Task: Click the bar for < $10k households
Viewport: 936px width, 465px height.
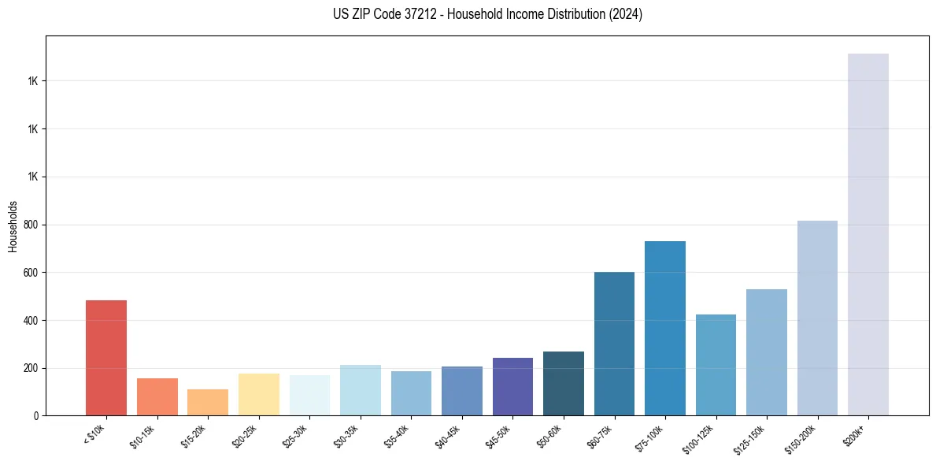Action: pyautogui.click(x=106, y=358)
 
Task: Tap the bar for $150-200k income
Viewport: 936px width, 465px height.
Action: pyautogui.click(x=817, y=318)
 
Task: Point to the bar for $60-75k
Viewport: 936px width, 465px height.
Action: pyautogui.click(x=614, y=344)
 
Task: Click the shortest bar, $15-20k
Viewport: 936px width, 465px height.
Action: pyautogui.click(x=208, y=403)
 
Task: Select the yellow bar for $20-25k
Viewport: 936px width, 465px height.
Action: pyautogui.click(x=259, y=395)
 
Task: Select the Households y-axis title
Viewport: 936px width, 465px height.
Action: pyautogui.click(x=13, y=226)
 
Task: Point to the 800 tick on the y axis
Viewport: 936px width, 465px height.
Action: pyautogui.click(x=31, y=225)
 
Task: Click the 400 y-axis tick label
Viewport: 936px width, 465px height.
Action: pyautogui.click(x=31, y=321)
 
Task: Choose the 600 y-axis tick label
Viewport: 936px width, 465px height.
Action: pyautogui.click(x=31, y=273)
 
